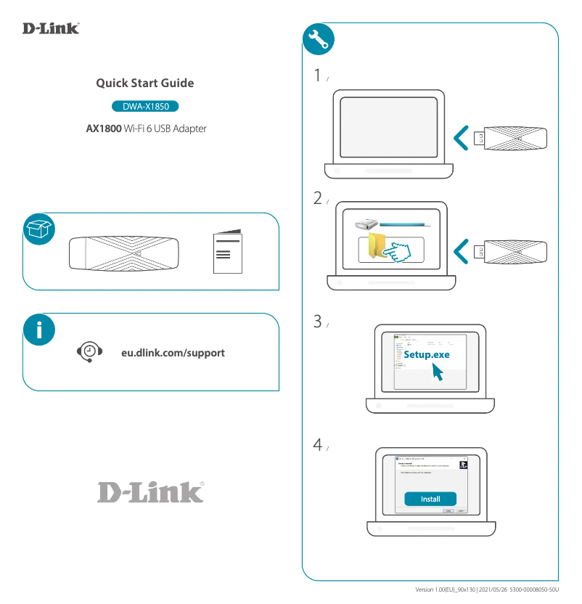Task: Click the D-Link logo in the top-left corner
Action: point(51,28)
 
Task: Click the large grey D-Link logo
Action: point(150,491)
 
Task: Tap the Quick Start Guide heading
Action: point(145,83)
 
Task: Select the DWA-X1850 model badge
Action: point(145,107)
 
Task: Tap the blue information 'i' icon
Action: point(39,330)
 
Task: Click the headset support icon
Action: point(89,352)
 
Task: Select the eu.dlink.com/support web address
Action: point(173,353)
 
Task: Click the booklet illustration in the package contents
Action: point(227,253)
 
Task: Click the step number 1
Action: point(317,75)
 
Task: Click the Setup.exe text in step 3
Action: point(427,354)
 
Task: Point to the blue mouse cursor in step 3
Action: point(438,372)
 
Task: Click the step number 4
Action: point(317,445)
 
